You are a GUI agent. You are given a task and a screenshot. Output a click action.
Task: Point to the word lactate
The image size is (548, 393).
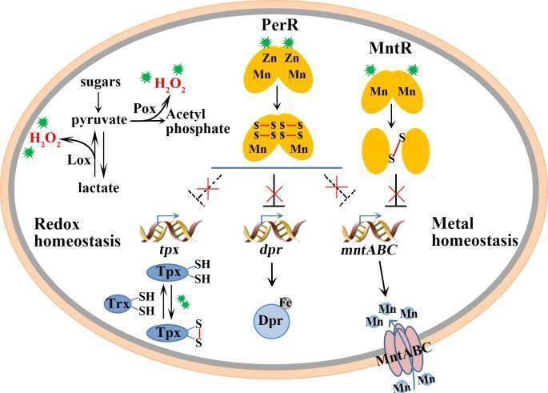tap(99, 187)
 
